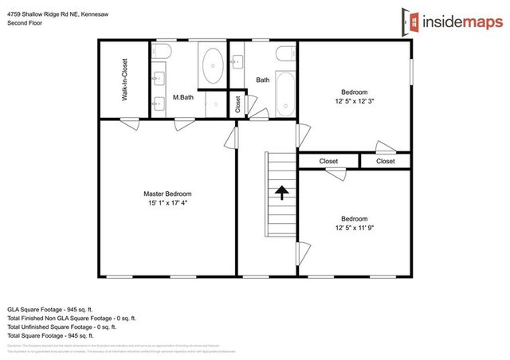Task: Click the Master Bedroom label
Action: [167, 194]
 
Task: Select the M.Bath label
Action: [183, 98]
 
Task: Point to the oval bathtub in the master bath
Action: [212, 65]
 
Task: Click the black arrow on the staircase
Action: [280, 192]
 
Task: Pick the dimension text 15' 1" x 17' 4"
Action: [167, 203]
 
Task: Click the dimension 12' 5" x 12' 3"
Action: [354, 100]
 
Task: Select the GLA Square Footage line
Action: [51, 308]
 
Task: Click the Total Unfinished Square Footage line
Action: [61, 326]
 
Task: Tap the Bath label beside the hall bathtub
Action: [262, 80]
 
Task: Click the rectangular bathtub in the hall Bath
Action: [284, 80]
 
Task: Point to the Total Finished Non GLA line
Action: [71, 317]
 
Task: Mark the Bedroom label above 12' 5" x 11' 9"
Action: [354, 219]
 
